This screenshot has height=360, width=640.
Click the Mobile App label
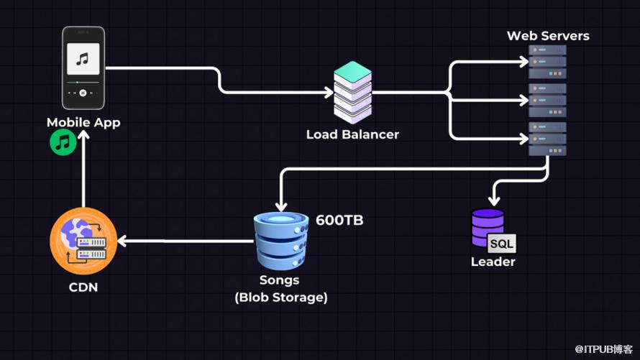83,122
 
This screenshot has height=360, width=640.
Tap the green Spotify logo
63,142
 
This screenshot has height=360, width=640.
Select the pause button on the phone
83,93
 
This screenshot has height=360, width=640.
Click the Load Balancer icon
352,92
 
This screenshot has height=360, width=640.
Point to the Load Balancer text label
352,134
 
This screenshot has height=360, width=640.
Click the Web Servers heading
548,35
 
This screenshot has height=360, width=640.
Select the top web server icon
548,63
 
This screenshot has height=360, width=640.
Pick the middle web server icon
548,100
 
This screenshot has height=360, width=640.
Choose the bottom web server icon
548,138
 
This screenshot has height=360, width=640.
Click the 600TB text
339,221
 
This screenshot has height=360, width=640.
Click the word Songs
280,280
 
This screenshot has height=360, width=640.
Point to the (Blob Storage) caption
280,297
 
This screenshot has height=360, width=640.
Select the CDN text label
83,288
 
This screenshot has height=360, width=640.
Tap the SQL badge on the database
501,244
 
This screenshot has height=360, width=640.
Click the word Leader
493,262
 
